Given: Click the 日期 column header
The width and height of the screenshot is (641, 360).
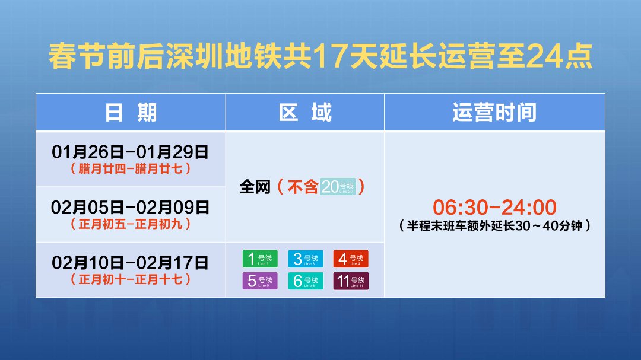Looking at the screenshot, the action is pyautogui.click(x=131, y=112).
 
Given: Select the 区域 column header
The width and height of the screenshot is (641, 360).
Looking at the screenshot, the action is pyautogui.click(x=305, y=112).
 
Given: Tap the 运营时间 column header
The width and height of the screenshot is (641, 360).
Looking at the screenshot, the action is pyautogui.click(x=494, y=112).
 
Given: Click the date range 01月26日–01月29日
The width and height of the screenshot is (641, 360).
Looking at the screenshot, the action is pyautogui.click(x=130, y=152).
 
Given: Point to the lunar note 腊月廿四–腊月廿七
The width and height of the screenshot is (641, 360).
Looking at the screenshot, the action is pyautogui.click(x=130, y=168).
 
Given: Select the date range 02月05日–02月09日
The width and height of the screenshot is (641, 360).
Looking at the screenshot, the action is pyautogui.click(x=130, y=208).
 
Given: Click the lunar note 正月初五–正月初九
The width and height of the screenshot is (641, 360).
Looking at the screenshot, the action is pyautogui.click(x=130, y=224).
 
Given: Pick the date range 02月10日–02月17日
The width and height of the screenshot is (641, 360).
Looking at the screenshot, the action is pyautogui.click(x=130, y=263).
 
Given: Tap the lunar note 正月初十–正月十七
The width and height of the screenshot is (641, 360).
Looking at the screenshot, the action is pyautogui.click(x=130, y=279).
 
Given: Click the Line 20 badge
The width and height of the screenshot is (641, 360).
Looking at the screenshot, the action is pyautogui.click(x=338, y=187).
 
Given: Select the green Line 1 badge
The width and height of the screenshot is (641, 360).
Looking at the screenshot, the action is pyautogui.click(x=260, y=259).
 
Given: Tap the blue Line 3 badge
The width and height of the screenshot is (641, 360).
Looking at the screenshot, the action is pyautogui.click(x=306, y=259).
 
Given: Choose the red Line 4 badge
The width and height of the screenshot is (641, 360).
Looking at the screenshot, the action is pyautogui.click(x=351, y=259).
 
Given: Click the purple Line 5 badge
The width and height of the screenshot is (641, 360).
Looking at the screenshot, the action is pyautogui.click(x=260, y=281).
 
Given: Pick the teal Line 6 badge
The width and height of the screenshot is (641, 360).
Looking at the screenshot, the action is pyautogui.click(x=306, y=281).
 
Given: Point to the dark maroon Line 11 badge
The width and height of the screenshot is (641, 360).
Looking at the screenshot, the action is pyautogui.click(x=351, y=281).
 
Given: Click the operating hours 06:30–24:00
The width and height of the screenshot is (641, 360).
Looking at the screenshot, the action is pyautogui.click(x=494, y=207).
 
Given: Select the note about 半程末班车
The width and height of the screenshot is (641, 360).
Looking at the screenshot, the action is pyautogui.click(x=494, y=225).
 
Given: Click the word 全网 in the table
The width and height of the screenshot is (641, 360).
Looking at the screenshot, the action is pyautogui.click(x=255, y=187).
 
